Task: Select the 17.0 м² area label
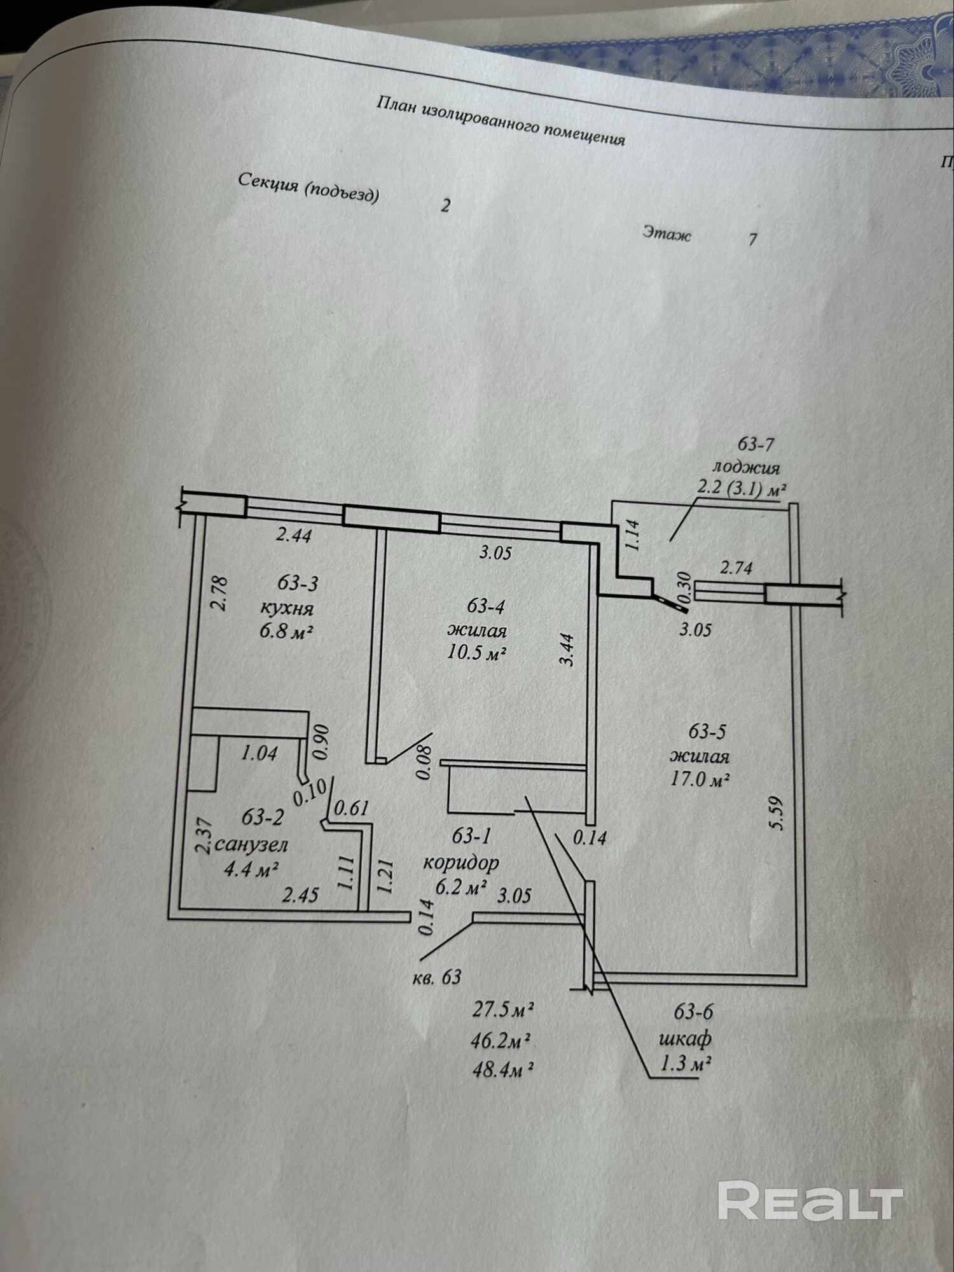tap(700, 780)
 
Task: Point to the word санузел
tap(252, 844)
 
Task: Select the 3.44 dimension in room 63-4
tap(567, 649)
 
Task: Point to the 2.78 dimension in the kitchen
tap(218, 593)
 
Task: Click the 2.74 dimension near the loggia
tap(736, 568)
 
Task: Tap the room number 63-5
tap(707, 731)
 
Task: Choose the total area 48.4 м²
tap(502, 1070)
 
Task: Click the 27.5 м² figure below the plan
tap(502, 1009)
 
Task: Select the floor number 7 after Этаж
tap(753, 240)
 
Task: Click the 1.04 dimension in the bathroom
tap(259, 754)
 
